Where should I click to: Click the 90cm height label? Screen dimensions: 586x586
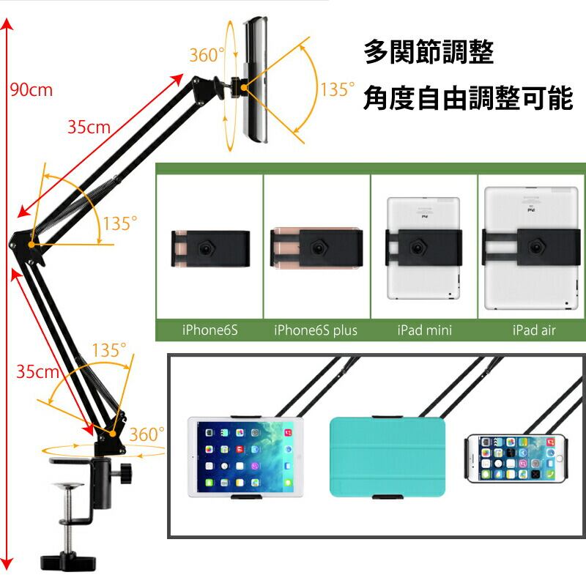31,90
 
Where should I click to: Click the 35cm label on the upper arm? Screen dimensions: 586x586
89,127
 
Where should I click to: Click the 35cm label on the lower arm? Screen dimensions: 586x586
37,371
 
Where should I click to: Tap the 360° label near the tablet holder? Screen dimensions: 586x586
207,55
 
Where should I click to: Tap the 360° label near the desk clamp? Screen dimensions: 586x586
147,434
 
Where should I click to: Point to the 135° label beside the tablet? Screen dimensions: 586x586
338,90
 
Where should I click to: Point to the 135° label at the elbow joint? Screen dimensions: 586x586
120,224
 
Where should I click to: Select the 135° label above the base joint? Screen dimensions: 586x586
110,350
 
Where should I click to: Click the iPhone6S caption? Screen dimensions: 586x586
210,330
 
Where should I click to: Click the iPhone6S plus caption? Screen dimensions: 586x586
316,330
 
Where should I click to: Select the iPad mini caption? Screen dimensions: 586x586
425,330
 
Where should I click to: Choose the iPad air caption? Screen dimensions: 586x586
534,330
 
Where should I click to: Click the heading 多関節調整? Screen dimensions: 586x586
429,53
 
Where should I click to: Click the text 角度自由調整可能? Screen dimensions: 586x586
467,98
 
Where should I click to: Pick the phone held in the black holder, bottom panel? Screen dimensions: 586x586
517,458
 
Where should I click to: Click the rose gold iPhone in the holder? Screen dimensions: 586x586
316,248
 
